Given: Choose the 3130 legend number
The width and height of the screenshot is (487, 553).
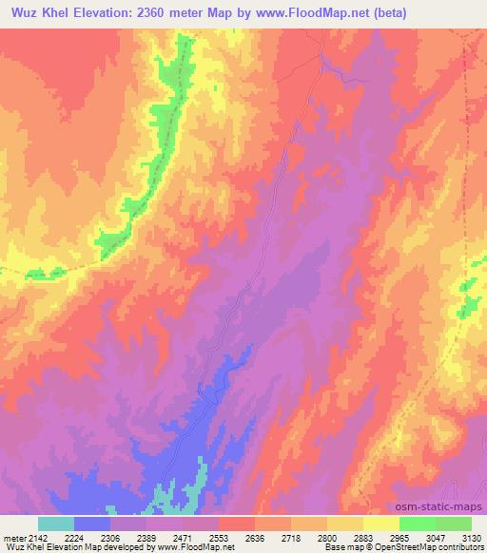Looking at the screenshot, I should [473, 537].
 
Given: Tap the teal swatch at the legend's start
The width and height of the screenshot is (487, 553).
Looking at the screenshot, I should [56, 524].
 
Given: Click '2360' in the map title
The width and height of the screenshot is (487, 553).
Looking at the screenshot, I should [173, 13].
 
